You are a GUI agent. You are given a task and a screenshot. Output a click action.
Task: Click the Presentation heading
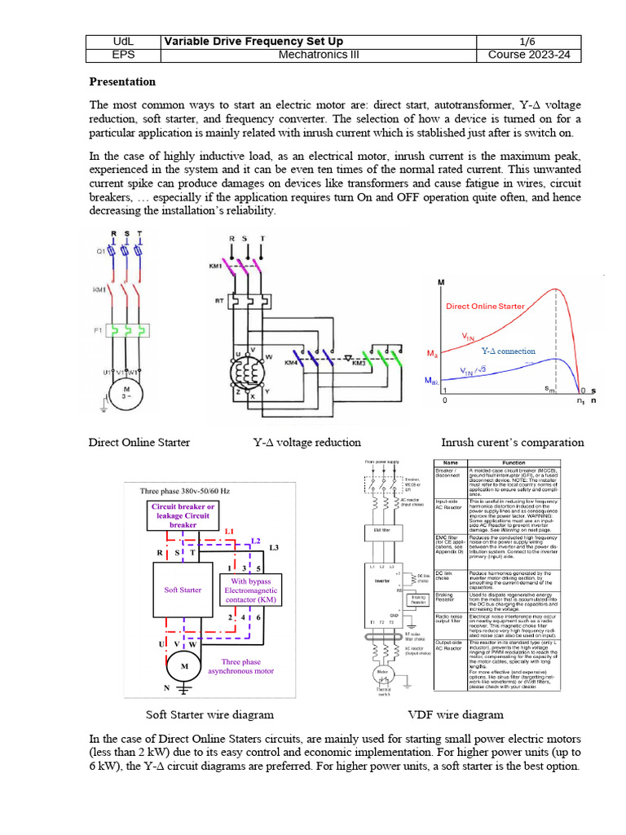pos(121,82)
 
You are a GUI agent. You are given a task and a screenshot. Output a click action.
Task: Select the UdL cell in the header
pos(123,42)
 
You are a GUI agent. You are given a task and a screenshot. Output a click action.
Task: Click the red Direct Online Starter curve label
pos(484,307)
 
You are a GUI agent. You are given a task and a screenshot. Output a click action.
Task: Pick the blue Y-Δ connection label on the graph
pos(507,351)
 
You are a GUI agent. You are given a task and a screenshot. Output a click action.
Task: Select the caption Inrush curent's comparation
pos(512,443)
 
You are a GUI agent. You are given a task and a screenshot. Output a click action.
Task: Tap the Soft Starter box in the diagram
pos(183,590)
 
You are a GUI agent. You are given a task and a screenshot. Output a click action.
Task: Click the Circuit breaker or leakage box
pos(183,515)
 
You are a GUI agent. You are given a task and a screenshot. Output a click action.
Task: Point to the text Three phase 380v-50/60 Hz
pos(185,491)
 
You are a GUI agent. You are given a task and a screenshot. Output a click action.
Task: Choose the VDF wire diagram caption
pos(455,714)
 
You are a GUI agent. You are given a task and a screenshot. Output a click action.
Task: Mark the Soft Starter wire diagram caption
pos(209,714)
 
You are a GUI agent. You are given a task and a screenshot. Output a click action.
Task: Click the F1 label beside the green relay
pos(98,331)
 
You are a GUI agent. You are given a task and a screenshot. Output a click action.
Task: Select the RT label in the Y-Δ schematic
pos(219,301)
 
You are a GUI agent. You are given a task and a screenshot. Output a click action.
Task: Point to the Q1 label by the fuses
pos(99,252)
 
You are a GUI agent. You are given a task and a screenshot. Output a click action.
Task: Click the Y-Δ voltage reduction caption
pos(307,443)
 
